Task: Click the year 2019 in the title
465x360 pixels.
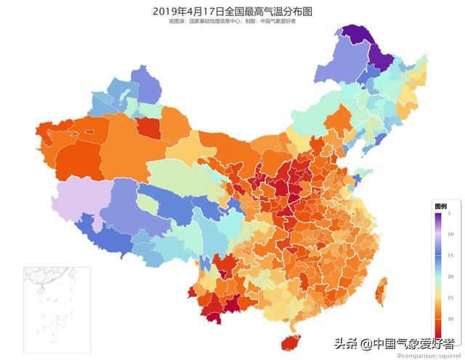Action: (166, 11)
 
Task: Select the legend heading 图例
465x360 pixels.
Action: (440, 206)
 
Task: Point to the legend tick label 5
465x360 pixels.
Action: (450, 212)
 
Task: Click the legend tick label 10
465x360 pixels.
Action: (450, 233)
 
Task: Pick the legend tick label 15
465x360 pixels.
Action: (450, 255)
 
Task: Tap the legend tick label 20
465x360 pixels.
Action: (450, 276)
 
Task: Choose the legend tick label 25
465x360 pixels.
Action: (450, 298)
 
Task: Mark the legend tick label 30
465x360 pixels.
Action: (450, 319)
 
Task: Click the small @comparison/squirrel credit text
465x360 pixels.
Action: (426, 354)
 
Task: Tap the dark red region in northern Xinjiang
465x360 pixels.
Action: (149, 128)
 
